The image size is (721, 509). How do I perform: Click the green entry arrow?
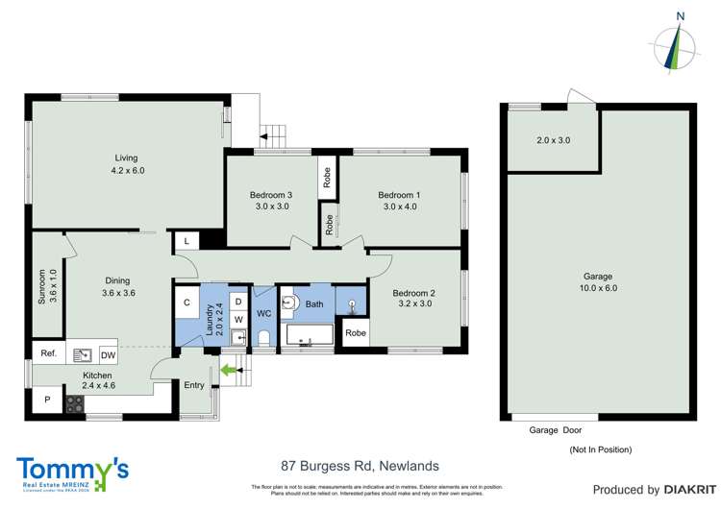coord(229,368)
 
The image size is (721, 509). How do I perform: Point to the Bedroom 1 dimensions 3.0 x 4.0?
coord(398,206)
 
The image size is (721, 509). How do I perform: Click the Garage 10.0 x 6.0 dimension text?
coord(597,288)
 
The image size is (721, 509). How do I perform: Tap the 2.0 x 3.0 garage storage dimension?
coord(553,140)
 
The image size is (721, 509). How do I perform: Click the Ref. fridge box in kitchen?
coord(48,352)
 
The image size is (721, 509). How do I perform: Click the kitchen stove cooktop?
coord(75,403)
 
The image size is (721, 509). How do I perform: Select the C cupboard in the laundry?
coord(187,303)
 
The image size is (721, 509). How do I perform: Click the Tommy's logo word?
coord(72,471)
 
